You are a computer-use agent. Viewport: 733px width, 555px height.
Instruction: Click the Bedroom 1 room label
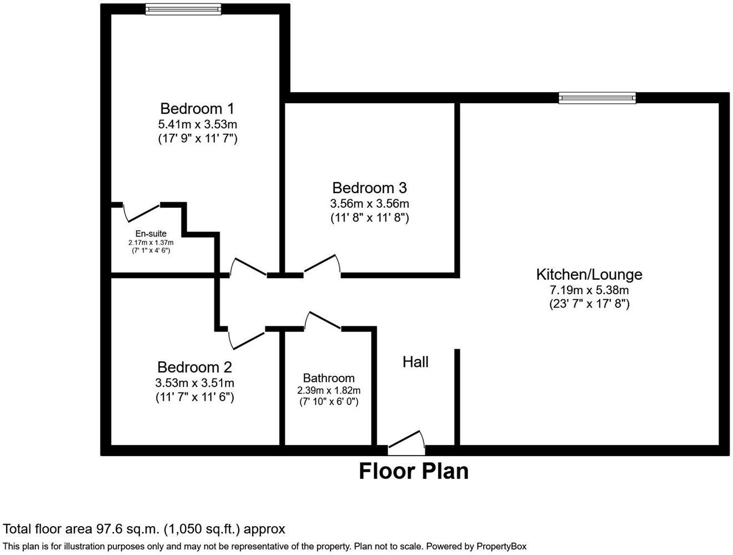click(x=197, y=108)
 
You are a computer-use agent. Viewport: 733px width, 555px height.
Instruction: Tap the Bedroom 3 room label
click(x=369, y=188)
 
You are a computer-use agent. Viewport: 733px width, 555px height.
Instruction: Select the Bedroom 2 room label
click(x=194, y=367)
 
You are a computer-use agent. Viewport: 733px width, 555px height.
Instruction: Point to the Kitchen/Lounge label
click(x=589, y=274)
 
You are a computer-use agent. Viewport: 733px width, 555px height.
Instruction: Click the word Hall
click(x=415, y=362)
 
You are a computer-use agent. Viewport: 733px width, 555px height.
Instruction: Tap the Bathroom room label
click(x=329, y=378)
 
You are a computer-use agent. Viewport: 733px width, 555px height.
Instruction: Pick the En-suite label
click(x=151, y=234)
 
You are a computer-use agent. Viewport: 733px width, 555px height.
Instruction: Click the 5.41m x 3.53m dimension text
click(x=198, y=124)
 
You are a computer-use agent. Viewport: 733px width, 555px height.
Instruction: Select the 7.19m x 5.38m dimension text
click(x=589, y=290)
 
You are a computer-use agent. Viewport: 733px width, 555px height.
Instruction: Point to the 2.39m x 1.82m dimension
click(x=329, y=390)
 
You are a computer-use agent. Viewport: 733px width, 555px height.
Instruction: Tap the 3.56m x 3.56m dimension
click(x=369, y=204)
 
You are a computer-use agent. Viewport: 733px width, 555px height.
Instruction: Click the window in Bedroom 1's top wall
click(x=183, y=8)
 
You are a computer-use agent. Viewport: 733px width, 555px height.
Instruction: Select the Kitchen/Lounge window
click(x=597, y=98)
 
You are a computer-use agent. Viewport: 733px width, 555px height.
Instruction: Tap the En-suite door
click(x=142, y=211)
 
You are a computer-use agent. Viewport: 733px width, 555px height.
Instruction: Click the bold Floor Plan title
click(x=413, y=471)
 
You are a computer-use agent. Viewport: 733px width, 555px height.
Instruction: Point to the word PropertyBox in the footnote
click(x=499, y=546)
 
